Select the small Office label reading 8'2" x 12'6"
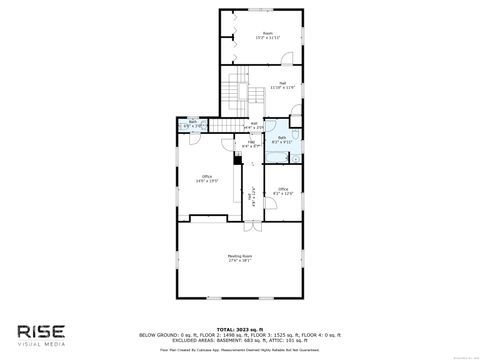click(x=283, y=190)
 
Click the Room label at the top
click(x=267, y=35)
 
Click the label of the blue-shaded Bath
click(x=282, y=139)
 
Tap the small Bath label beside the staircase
click(x=194, y=125)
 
